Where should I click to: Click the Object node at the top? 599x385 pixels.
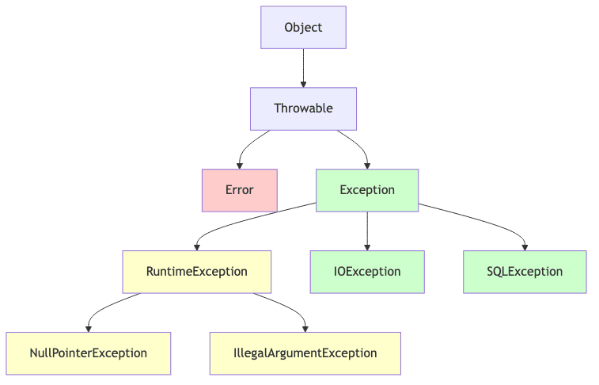303,28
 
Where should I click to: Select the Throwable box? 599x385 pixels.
303,109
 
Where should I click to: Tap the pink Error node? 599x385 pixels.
239,190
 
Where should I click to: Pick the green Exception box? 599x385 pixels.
367,190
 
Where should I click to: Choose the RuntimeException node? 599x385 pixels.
197,272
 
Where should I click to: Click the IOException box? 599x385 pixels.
367,272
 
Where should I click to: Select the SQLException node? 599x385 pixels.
525,272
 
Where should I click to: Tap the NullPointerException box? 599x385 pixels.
88,353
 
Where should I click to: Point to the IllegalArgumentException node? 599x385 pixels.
305,353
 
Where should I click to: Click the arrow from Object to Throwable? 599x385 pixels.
303,67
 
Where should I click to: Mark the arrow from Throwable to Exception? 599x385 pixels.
358,143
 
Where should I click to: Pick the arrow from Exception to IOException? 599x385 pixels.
367,231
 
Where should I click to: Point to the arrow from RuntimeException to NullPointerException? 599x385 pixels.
107,306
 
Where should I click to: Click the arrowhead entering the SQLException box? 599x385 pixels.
525,246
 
